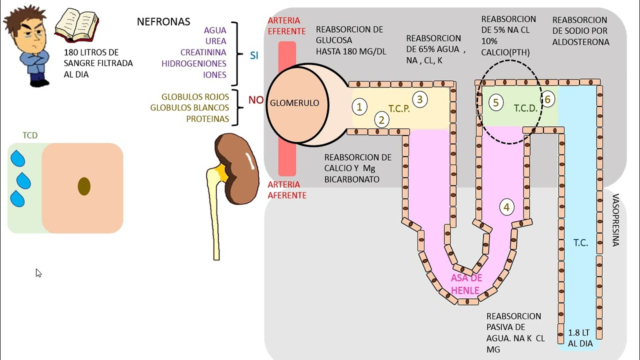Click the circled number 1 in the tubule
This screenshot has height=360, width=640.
click(x=359, y=106)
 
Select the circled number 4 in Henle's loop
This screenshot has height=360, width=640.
click(x=506, y=207)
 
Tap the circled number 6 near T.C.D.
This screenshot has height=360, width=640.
click(x=547, y=99)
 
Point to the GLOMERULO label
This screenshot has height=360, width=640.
click(x=294, y=103)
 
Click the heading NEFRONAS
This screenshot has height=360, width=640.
click(x=163, y=22)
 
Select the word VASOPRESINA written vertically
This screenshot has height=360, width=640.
click(x=615, y=220)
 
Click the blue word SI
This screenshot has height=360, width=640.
click(x=254, y=55)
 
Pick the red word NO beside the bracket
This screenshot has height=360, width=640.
click(x=256, y=100)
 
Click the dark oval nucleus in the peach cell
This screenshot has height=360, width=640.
click(x=84, y=186)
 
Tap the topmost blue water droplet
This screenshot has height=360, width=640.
click(x=18, y=158)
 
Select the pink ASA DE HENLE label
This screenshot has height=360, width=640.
click(x=466, y=284)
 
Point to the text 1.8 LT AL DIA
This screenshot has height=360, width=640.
click(x=580, y=338)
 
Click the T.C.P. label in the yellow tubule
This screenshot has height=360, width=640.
click(x=399, y=108)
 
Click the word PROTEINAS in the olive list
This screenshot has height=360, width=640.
click(x=207, y=119)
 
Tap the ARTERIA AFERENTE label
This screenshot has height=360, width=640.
click(x=287, y=190)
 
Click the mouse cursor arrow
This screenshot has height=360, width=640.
click(x=38, y=272)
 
